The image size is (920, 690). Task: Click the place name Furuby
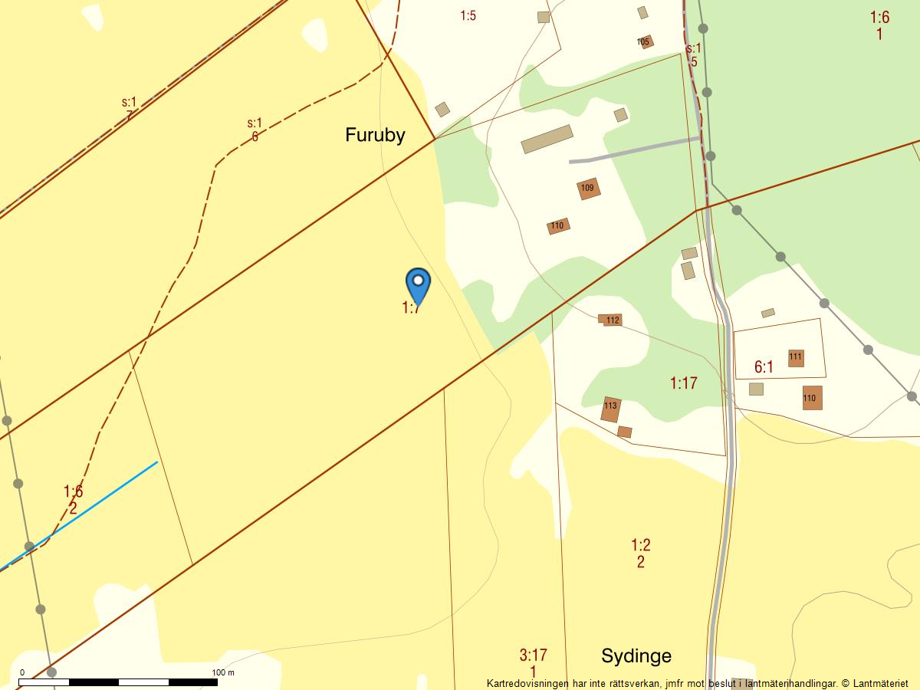click(x=375, y=135)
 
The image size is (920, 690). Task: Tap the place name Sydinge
click(x=636, y=655)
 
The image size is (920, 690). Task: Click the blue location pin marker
click(x=418, y=287)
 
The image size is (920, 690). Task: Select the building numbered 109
click(x=588, y=188)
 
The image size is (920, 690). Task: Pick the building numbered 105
click(x=645, y=41)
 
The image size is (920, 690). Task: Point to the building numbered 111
click(x=796, y=357)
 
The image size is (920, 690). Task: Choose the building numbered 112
click(x=612, y=320)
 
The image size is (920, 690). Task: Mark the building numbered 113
click(x=610, y=408)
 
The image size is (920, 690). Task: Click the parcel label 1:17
click(x=683, y=383)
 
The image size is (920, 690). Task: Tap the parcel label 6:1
click(x=764, y=367)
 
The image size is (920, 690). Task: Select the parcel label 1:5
click(x=468, y=15)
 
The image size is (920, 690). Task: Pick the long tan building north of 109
click(x=547, y=139)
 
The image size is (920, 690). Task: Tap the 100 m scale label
click(x=223, y=672)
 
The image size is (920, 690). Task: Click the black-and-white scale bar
click(x=118, y=682)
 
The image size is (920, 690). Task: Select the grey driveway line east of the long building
click(x=633, y=150)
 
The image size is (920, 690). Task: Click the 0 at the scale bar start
click(x=21, y=672)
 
